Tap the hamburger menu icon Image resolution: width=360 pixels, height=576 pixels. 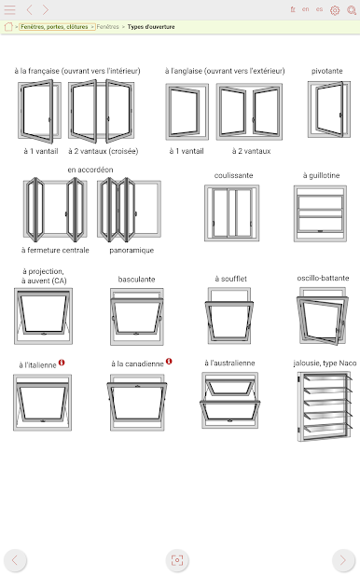coord(10,10)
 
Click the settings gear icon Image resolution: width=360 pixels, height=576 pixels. coord(335,10)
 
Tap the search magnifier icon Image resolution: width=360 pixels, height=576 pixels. coord(352,10)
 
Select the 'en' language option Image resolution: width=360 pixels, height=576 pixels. coord(306,9)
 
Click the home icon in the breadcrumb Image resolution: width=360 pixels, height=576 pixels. coord(8,27)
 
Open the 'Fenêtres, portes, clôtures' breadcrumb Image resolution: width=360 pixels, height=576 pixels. coord(54,27)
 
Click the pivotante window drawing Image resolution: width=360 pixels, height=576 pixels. coord(329,109)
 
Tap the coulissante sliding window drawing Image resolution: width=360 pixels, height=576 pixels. coord(231,213)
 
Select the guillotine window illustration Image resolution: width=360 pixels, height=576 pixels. coord(320,213)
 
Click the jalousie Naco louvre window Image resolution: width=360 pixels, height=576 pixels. coord(325,406)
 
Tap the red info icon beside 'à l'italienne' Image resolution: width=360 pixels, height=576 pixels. coord(62,363)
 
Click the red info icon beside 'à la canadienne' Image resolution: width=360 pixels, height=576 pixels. coord(169,362)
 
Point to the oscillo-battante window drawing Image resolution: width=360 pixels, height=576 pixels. coord(323,316)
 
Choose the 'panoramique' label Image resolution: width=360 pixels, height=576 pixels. coord(132,250)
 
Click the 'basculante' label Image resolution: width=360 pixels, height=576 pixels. coord(136,280)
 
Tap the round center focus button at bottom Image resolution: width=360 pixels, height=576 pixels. coord(177,560)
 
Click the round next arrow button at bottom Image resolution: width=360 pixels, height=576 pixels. coord(342,560)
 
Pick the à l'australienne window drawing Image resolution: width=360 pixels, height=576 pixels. coord(229,401)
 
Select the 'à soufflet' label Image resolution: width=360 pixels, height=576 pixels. coord(231,279)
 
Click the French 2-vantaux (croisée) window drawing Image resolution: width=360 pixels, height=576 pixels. coord(101,111)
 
